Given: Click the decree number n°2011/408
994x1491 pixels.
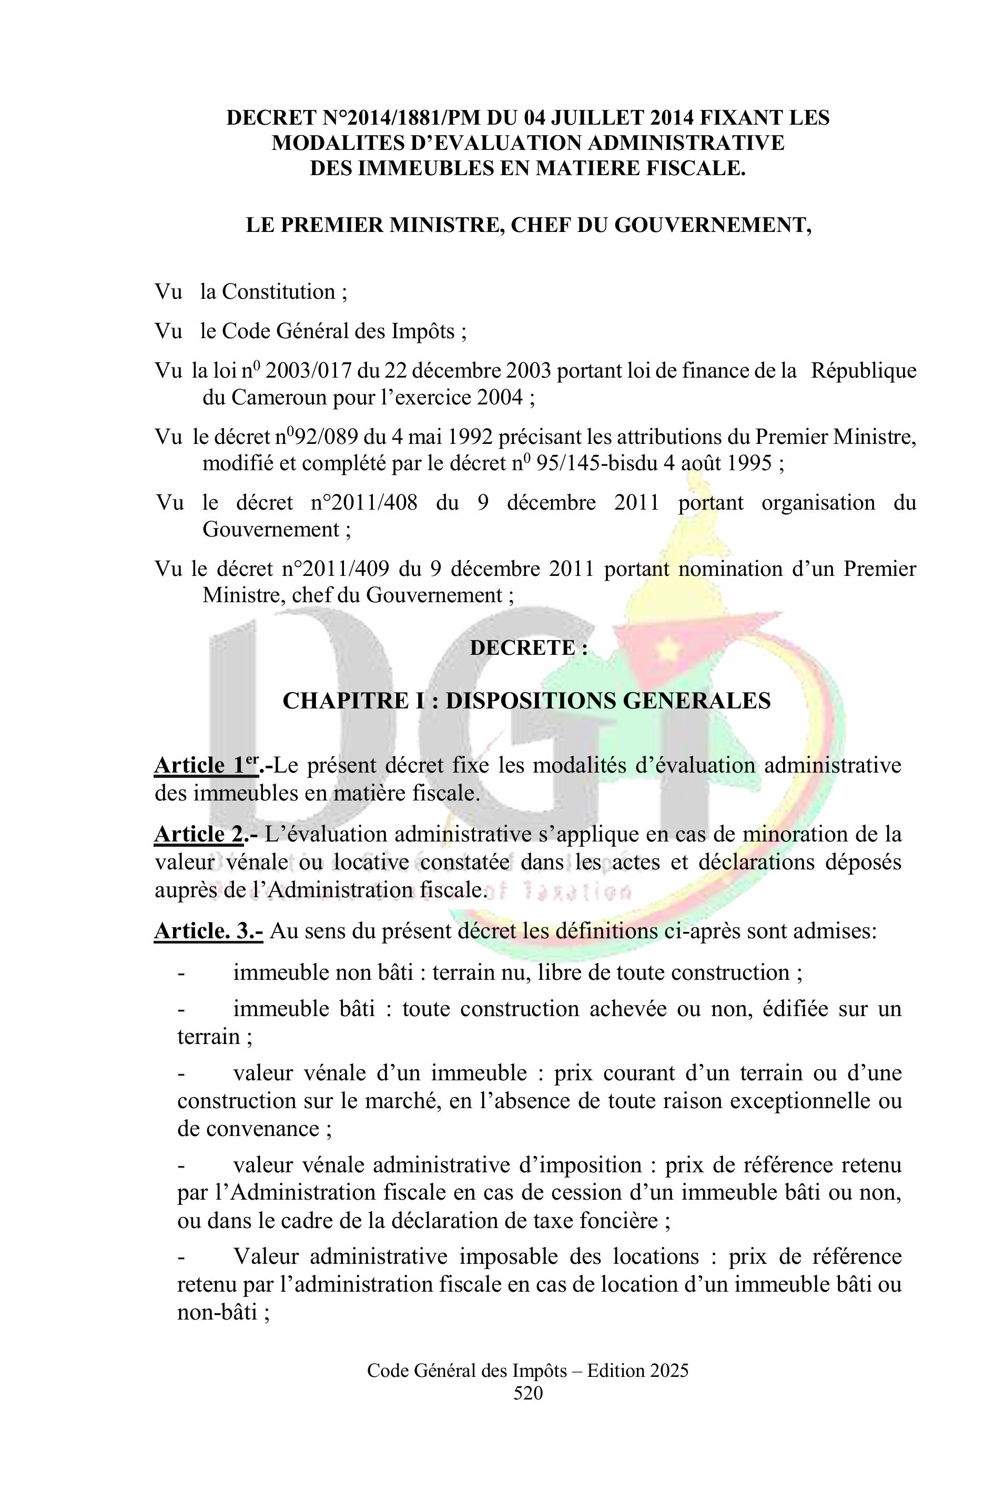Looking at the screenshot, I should point(364,503).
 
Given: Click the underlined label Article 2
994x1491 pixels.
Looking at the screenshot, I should point(198,834).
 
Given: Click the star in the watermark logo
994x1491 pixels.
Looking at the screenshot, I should point(667,648).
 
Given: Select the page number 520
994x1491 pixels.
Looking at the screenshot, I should point(528,1393).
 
